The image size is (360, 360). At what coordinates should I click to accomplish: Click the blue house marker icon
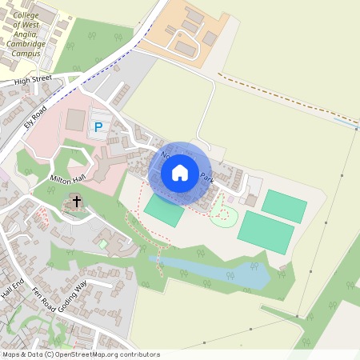point(180,173)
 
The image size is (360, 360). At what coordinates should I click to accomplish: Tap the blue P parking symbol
point(98,126)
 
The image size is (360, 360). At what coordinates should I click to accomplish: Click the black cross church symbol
point(77,201)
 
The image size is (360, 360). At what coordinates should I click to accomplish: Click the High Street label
point(32,80)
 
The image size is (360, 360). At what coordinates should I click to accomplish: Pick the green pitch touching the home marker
point(163,210)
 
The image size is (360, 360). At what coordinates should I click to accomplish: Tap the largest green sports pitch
point(265,231)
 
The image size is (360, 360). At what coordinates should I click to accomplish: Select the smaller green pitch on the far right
point(284,206)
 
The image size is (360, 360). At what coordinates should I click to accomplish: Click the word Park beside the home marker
point(207,177)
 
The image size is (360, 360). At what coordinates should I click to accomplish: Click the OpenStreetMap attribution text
point(80,354)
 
